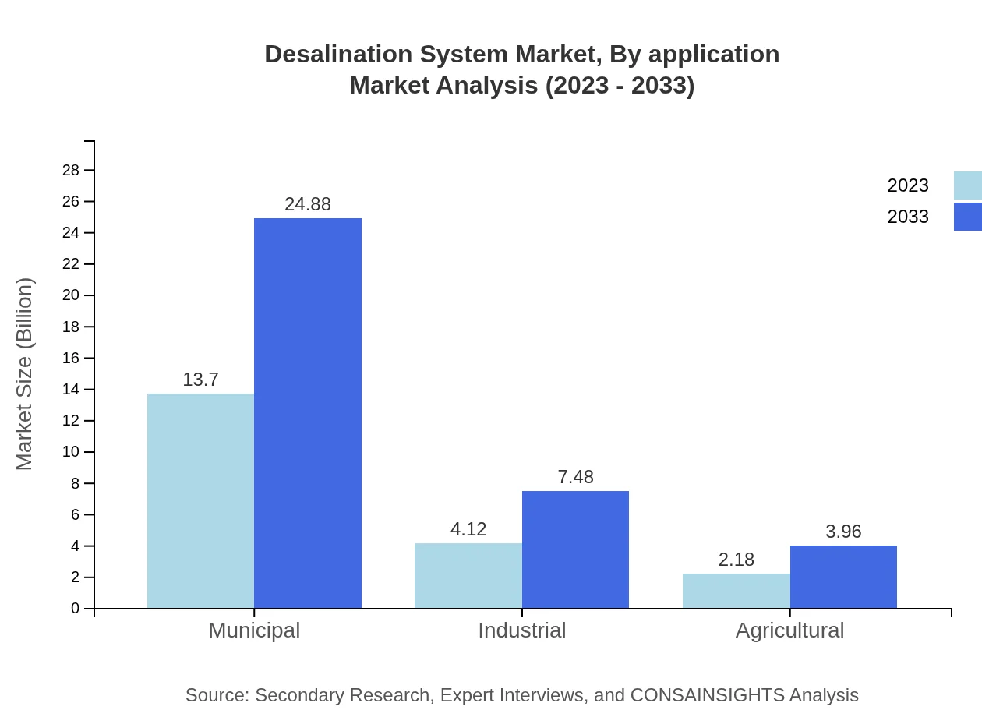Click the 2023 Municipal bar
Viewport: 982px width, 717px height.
coord(200,500)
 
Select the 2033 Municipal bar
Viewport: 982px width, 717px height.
coord(308,413)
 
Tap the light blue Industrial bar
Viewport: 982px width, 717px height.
coord(468,575)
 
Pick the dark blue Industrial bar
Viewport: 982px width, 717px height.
coord(575,549)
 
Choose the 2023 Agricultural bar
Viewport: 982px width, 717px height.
coord(736,591)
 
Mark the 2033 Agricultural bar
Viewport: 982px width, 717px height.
coord(843,577)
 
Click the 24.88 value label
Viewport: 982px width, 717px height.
coord(308,204)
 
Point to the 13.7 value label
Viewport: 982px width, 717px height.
coord(200,380)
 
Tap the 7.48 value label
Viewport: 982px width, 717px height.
coord(575,477)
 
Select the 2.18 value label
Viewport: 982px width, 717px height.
coord(736,560)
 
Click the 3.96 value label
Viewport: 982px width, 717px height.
coord(843,532)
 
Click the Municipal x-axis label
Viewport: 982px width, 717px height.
coord(254,630)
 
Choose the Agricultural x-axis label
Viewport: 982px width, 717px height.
coord(789,630)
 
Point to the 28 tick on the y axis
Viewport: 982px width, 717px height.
coord(71,170)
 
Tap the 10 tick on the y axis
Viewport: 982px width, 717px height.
coord(71,452)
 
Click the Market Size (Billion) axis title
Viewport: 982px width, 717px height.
coord(24,374)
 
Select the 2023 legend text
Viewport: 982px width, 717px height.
coord(908,185)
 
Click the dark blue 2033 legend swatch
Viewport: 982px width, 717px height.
coord(967,217)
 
